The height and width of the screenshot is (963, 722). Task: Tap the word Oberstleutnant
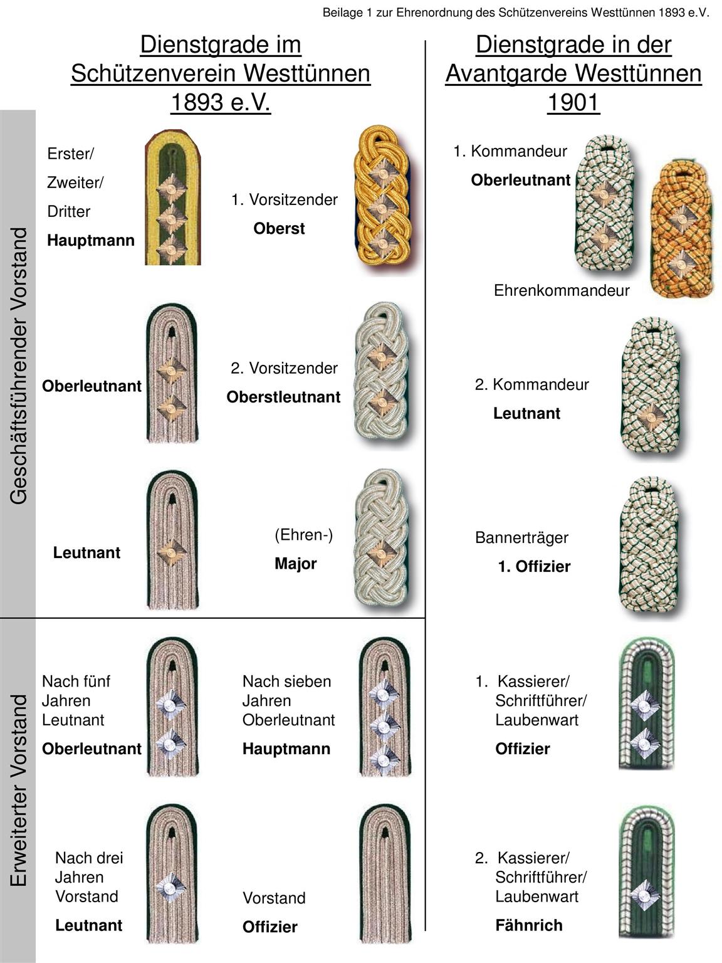283,397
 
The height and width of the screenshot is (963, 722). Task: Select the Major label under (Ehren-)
295,564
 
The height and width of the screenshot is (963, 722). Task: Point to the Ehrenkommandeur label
562,290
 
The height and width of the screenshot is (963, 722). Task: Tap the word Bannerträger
521,537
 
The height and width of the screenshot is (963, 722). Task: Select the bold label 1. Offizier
534,566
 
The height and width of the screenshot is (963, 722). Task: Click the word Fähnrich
529,925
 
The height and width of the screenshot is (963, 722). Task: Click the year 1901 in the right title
573,102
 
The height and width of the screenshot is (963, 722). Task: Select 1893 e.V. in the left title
221,102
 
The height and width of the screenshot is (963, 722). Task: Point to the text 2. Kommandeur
531,384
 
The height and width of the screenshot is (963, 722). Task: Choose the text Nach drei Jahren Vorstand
89,876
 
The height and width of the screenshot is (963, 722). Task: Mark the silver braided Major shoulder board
381,540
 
